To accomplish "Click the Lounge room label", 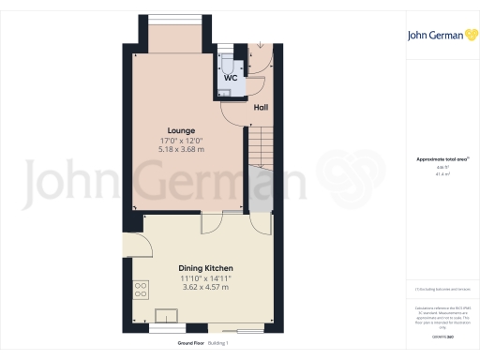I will pos(181,129).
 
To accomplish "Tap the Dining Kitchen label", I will pos(205,268).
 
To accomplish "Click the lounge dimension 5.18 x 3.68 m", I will pos(181,150).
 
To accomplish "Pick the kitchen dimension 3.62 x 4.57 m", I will pos(205,288).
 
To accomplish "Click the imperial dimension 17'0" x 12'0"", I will pos(181,141).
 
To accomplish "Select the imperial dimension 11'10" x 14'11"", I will pos(205,278).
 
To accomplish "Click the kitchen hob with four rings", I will pos(142,289).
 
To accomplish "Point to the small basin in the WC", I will pos(226,91).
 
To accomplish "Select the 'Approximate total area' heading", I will pos(437,159).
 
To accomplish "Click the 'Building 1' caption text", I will pos(218,344).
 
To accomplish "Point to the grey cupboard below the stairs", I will pos(258,196).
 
